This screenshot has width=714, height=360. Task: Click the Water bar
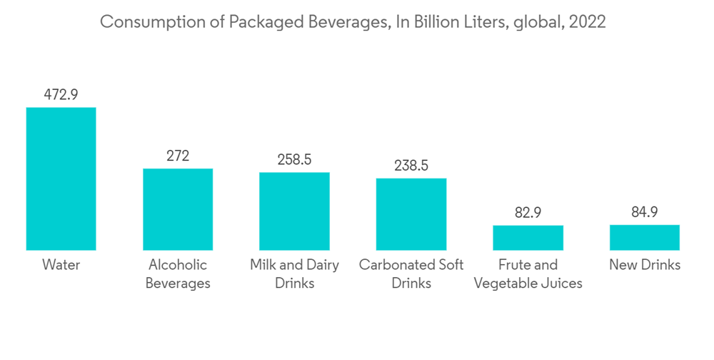[61, 179]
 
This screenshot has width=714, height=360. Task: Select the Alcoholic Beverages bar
[178, 209]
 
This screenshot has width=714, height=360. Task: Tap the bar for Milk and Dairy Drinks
[294, 211]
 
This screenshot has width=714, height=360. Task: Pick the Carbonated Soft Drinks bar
[411, 214]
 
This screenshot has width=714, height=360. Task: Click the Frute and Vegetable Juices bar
[528, 238]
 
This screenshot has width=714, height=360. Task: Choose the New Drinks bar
[645, 237]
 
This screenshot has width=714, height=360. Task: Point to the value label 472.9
[61, 94]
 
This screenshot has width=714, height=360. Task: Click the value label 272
[178, 156]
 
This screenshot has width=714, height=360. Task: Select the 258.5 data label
[294, 159]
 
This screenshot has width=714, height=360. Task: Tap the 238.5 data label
[411, 166]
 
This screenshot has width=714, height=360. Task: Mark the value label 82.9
[528, 213]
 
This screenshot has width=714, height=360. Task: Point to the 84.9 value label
[645, 212]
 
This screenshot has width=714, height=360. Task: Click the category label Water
[61, 265]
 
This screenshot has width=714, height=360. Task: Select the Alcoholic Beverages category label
[178, 274]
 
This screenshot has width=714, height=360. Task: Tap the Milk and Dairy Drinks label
[294, 274]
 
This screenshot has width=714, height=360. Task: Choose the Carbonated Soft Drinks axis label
[411, 274]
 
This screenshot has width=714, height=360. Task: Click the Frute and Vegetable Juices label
[528, 274]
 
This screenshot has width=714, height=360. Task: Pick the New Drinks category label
[645, 265]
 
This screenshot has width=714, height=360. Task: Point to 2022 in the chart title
[587, 22]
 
